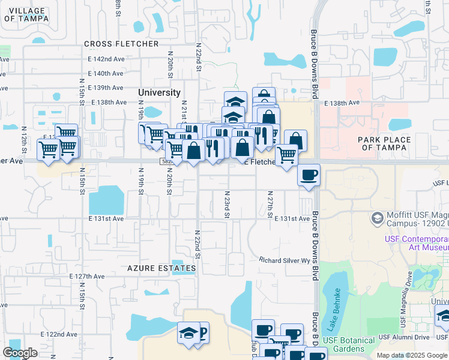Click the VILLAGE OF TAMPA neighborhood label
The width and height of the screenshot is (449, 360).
pyautogui.click(x=25, y=14)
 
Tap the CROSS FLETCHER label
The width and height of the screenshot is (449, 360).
pyautogui.click(x=121, y=44)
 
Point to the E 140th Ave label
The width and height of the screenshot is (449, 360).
pyautogui.click(x=105, y=73)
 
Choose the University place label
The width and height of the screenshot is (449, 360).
pyautogui.click(x=159, y=92)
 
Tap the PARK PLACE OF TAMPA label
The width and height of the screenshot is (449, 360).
pyautogui.click(x=384, y=143)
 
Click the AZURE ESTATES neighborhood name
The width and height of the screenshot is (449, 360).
pyautogui.click(x=162, y=268)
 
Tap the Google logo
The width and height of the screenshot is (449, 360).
pyautogui.click(x=20, y=353)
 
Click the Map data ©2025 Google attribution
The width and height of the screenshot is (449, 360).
pyautogui.click(x=411, y=355)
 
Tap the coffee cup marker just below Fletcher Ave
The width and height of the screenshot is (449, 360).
pyautogui.click(x=309, y=176)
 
